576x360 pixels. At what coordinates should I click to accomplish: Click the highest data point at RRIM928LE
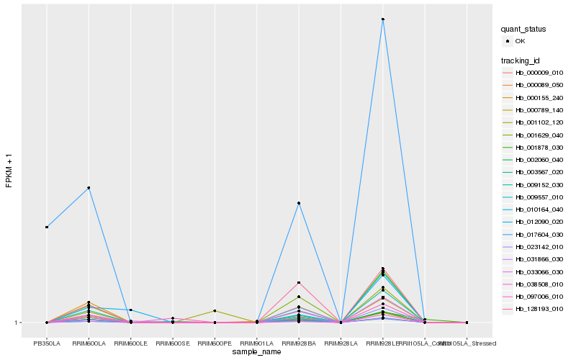[x=383, y=19]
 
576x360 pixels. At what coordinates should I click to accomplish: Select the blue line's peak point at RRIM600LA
[x=89, y=188]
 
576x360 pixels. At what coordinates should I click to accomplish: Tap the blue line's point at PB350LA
[x=47, y=228]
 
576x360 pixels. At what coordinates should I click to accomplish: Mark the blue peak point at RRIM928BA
[x=299, y=204]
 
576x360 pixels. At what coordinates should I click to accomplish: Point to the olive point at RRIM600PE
[x=215, y=311]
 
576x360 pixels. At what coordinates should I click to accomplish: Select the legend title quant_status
[x=524, y=29]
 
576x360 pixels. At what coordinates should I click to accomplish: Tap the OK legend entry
[x=521, y=41]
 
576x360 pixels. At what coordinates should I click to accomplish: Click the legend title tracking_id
[x=522, y=60]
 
